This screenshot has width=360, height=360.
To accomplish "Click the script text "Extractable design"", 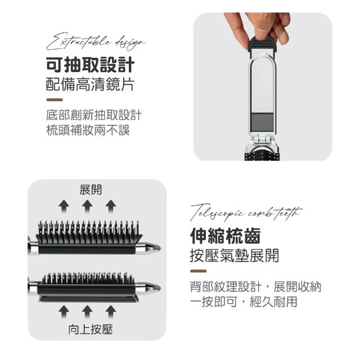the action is click(95, 41).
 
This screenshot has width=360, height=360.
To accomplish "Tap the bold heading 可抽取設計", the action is click(90, 65).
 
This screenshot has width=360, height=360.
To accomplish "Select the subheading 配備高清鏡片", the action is click(90, 84).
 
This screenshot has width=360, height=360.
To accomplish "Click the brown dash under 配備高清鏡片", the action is click(55, 100).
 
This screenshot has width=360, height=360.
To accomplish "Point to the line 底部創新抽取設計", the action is click(94, 115).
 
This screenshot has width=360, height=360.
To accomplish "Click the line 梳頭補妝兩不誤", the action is click(88, 130).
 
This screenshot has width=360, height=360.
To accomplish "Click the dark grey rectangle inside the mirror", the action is click(263, 123).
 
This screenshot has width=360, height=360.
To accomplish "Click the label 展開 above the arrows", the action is click(91, 190).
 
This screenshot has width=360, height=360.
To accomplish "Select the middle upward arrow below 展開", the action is click(87, 206).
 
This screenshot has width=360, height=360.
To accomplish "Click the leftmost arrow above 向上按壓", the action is click(64, 312).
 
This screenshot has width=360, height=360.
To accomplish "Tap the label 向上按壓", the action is click(91, 330).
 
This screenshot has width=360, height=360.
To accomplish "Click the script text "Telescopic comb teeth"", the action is click(246, 213).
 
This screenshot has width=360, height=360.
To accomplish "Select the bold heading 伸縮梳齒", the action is click(225, 236).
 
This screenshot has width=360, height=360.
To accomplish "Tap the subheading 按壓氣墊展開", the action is click(235, 255).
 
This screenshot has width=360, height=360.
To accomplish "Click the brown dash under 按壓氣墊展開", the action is click(198, 271).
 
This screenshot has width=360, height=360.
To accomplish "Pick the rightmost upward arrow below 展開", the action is click(111, 206).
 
